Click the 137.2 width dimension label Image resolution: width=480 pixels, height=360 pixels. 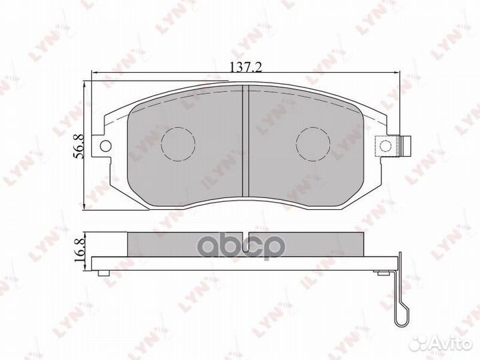pos(246,67)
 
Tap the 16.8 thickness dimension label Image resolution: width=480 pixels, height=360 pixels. pos(79,250)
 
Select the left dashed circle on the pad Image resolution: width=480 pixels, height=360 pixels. pos(178,143)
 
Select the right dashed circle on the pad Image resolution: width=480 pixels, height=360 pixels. pos(313,143)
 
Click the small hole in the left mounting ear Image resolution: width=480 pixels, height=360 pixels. pos(105,146)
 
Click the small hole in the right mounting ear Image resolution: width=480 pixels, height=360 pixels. pos(385,145)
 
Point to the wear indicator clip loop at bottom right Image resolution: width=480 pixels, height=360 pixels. pos(401,315)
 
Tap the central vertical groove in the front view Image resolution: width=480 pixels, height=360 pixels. pos(246,141)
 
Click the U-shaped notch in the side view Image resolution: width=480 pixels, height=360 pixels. pos(246,243)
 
